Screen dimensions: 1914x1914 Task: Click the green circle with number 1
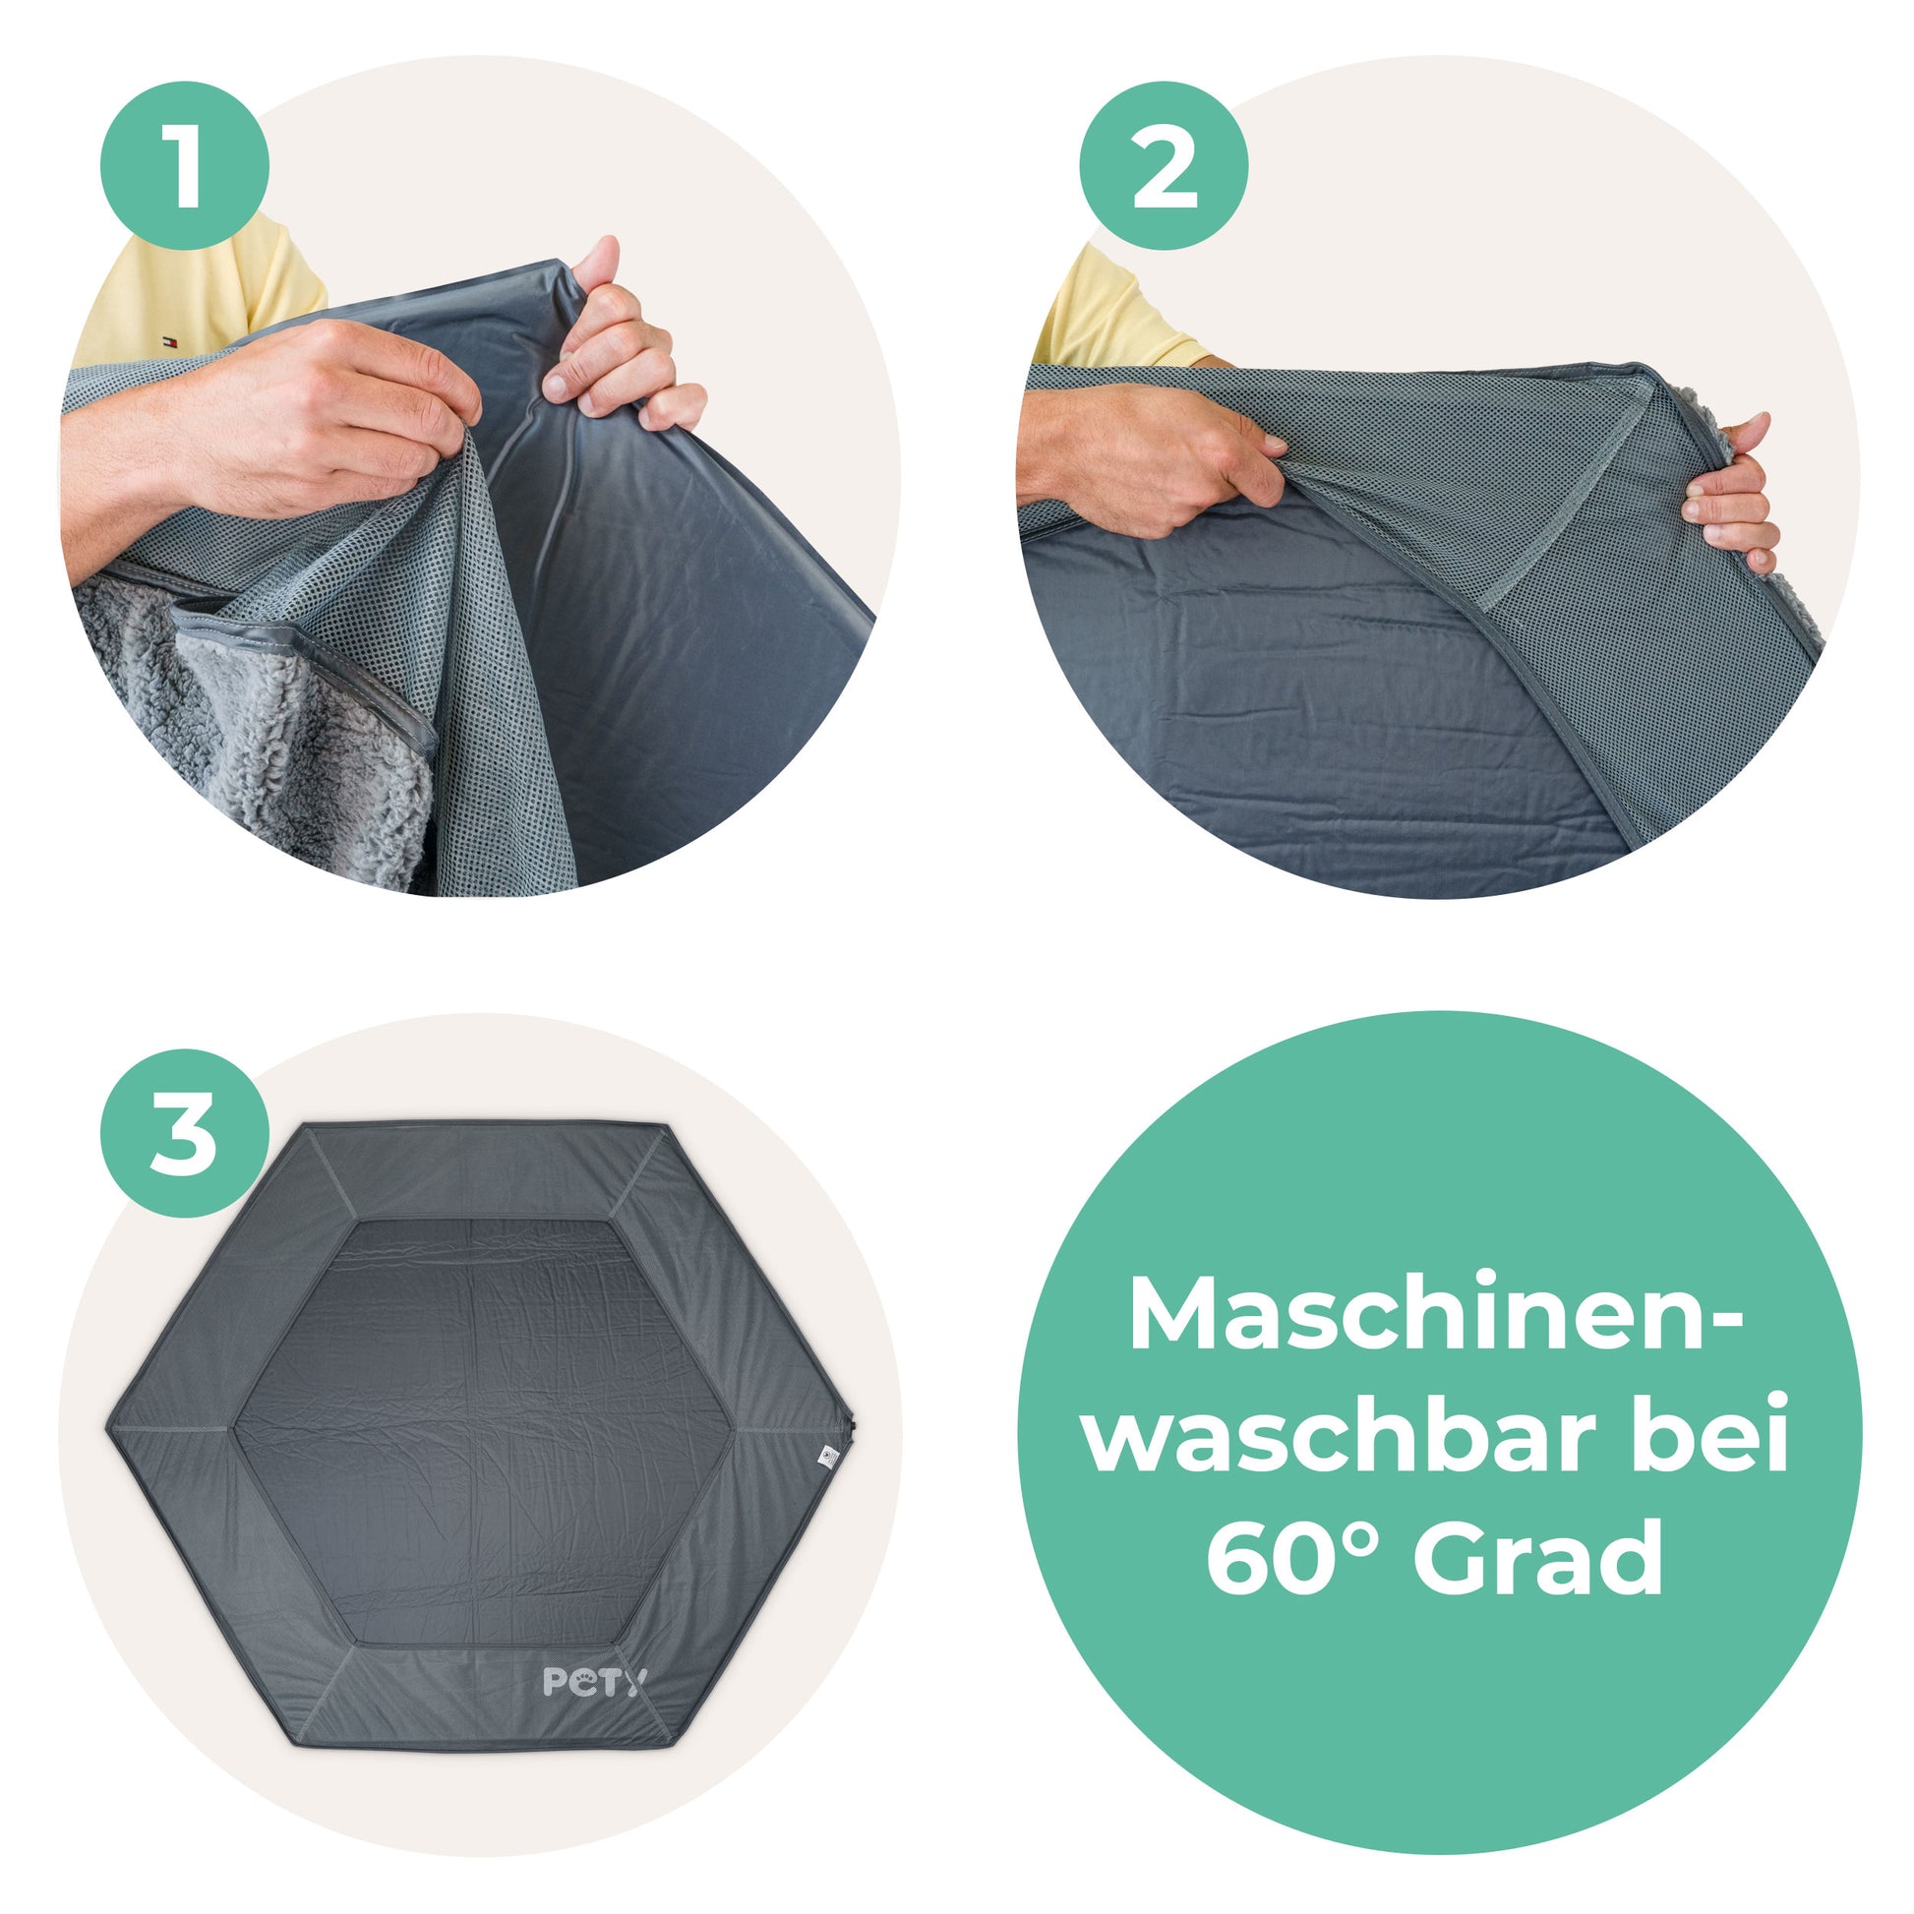(184, 166)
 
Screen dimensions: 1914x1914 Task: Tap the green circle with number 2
(1164, 166)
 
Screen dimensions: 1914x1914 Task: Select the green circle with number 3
(184, 1133)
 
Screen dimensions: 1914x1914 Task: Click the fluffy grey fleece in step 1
(248, 753)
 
